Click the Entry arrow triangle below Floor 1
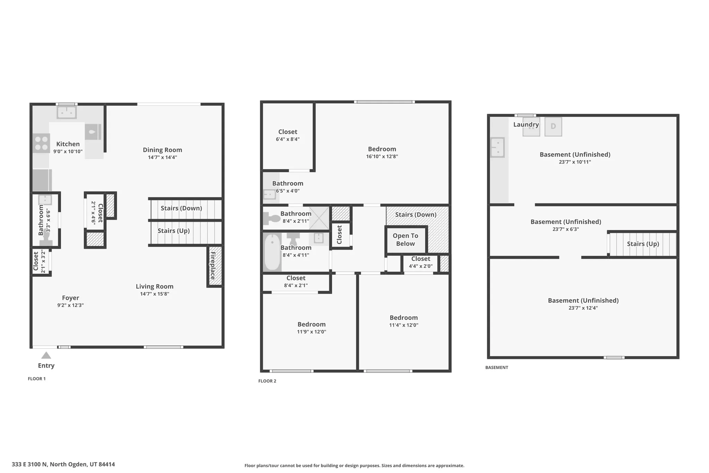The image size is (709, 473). (x=46, y=356)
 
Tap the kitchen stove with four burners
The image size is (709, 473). (x=41, y=143)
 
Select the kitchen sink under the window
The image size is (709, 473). (x=67, y=112)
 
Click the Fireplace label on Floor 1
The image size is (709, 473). (x=213, y=266)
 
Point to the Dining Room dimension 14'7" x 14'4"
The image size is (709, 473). (x=162, y=157)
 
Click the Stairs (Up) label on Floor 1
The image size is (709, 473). (x=173, y=231)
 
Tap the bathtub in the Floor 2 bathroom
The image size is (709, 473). (x=272, y=252)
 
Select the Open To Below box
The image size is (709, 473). (x=405, y=239)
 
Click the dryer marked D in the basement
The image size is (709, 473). (x=553, y=126)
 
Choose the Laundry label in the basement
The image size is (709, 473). (x=526, y=124)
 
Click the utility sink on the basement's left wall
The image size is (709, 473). (x=497, y=147)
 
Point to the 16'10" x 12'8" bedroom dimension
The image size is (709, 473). (x=382, y=157)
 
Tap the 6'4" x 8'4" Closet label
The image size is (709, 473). (x=288, y=132)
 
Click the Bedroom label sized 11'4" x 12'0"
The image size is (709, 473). (x=404, y=318)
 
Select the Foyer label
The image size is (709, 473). (x=71, y=298)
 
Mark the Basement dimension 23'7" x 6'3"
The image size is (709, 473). (x=566, y=229)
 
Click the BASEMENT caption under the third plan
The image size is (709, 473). (x=496, y=367)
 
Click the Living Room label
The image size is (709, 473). (x=154, y=286)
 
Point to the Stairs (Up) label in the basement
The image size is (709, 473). (x=643, y=244)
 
